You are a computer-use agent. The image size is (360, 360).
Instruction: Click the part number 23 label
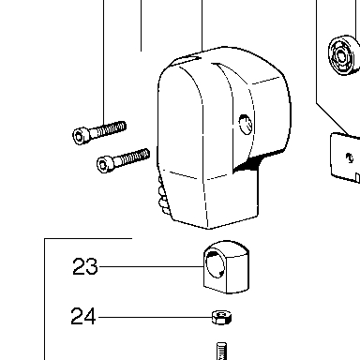coord(85,266)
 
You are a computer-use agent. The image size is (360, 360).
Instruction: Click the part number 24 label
coord(83,317)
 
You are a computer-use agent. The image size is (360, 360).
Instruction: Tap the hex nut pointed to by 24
coord(221,318)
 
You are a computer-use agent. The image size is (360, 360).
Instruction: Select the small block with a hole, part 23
coord(226,267)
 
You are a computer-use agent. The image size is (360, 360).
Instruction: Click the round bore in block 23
coord(215,264)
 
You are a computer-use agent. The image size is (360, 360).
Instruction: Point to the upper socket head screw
coord(99,132)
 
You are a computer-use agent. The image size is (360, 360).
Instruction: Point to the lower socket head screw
coord(124,159)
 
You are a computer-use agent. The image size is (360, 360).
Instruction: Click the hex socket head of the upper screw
coord(79,136)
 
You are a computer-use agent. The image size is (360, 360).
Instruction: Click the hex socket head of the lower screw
coord(103,164)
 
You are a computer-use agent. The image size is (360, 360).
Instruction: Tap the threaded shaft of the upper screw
coord(109,129)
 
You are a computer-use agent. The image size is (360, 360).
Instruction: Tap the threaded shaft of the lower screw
coord(132,157)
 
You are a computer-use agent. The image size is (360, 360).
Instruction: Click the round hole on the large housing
coord(245,124)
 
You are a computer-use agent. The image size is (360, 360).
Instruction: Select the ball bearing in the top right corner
coord(343,55)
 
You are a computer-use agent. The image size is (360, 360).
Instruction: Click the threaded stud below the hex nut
coord(221,352)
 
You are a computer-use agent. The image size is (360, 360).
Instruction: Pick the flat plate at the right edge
coord(346,157)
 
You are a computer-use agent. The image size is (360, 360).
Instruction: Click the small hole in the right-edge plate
coord(350,157)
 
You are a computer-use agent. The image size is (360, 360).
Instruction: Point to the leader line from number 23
coord(151,266)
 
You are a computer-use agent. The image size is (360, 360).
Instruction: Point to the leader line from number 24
coord(156,318)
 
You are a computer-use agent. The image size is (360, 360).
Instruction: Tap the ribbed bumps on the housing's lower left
coord(164,196)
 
